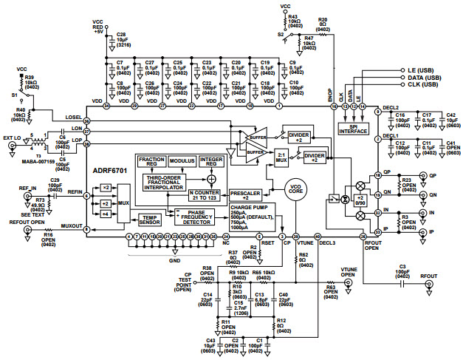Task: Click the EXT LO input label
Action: coord(13,137)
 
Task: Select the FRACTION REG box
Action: coord(151,162)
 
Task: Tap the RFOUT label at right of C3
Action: coord(431,276)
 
